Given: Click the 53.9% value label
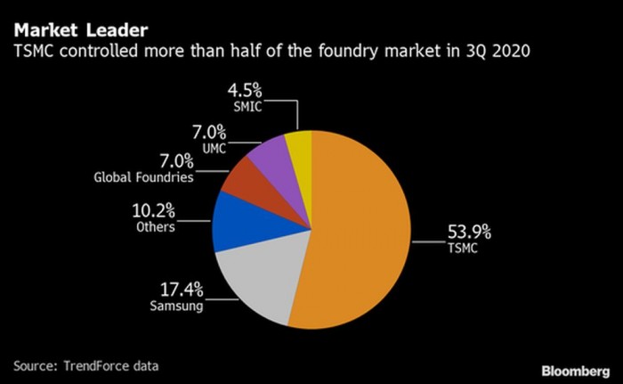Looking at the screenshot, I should pyautogui.click(x=468, y=233).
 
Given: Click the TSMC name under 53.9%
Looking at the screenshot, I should pyautogui.click(x=463, y=249).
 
